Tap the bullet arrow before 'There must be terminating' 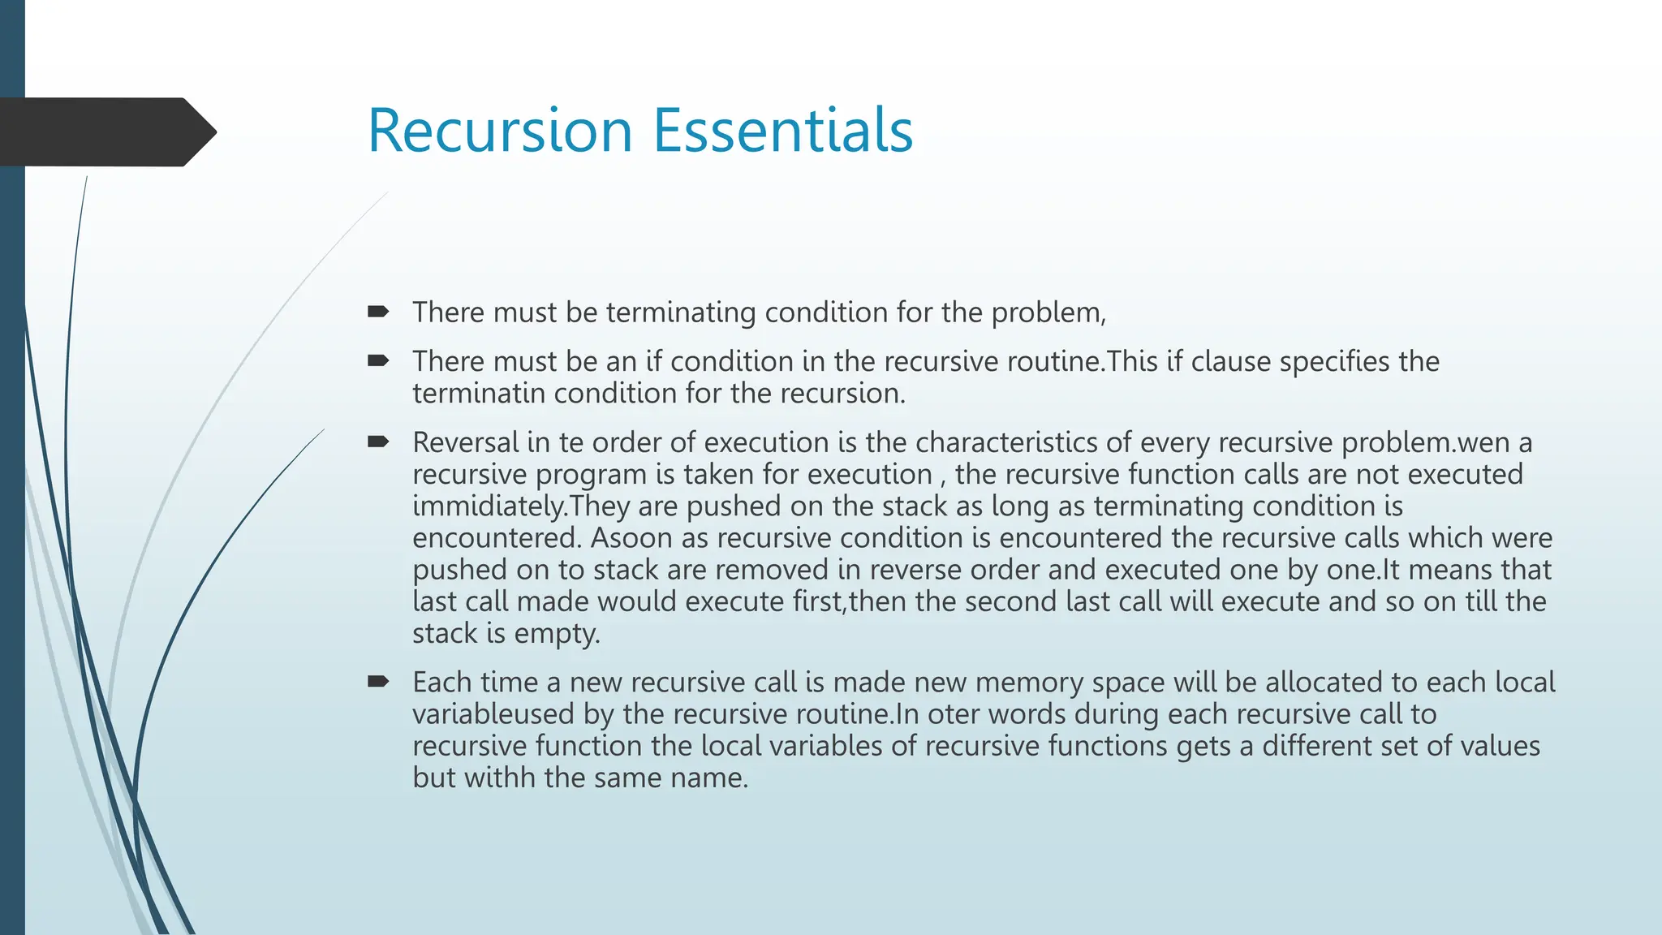[378, 312]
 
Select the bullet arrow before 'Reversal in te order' [378, 442]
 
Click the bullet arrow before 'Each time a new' [378, 681]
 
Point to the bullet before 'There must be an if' [378, 360]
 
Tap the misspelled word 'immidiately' [489, 506]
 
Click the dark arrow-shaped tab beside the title [105, 131]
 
